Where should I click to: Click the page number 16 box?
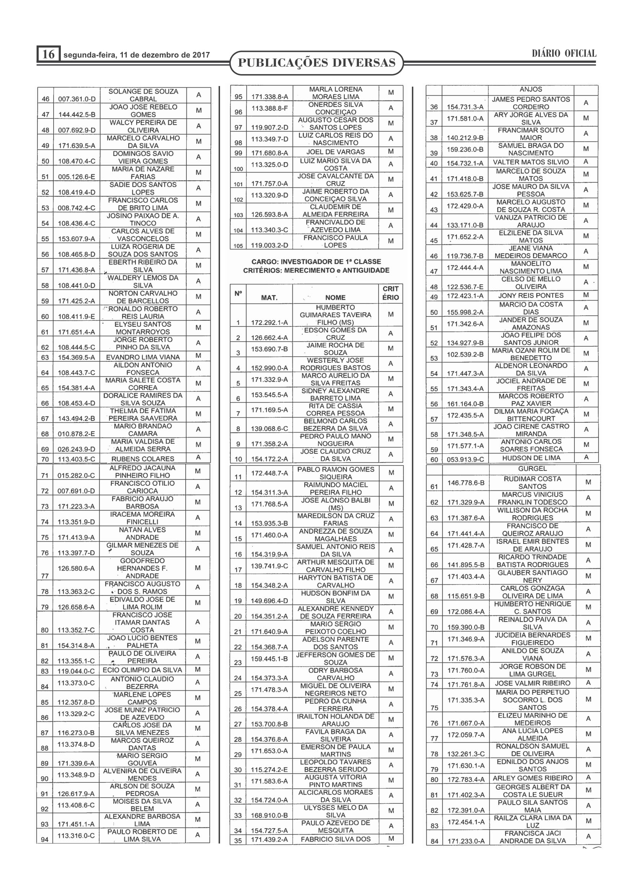48,54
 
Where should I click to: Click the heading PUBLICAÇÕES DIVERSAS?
316,63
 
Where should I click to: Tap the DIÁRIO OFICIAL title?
564,54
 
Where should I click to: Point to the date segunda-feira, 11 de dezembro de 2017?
136,55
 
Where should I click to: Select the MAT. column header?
269,297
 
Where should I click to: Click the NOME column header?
335,297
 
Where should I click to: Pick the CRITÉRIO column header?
391,293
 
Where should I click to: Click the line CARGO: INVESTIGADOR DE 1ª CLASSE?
316,262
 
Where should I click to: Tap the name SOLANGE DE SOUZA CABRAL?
143,95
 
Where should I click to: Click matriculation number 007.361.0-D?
77,99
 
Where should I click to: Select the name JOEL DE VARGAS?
335,152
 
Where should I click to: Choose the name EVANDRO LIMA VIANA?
143,357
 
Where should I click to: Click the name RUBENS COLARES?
143,459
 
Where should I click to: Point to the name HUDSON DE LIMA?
531,458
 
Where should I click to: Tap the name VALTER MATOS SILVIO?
531,162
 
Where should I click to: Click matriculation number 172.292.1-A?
269,323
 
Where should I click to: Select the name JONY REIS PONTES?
531,295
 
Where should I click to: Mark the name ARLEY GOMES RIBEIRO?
532,778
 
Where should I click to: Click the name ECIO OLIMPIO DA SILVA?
142,670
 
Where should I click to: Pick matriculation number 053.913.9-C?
465,459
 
